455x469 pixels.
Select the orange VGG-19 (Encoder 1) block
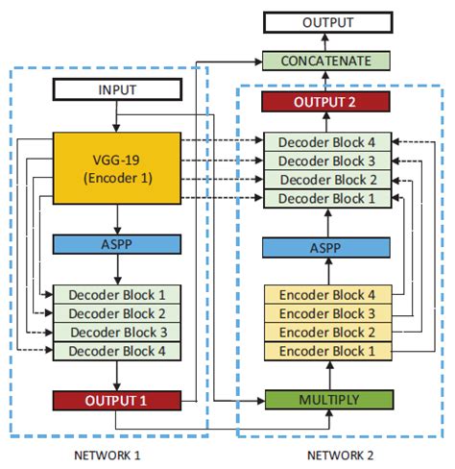115,167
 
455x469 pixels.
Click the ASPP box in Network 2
329,248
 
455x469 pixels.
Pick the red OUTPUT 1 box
115,400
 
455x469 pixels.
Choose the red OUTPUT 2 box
329,101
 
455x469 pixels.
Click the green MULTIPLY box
329,399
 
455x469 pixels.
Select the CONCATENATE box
329,61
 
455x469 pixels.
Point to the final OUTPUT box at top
329,22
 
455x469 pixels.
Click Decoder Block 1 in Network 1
115,295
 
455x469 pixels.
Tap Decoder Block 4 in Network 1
115,350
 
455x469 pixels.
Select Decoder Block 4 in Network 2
329,142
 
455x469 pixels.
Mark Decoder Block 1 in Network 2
329,198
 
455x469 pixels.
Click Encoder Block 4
329,296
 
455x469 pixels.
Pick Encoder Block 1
329,351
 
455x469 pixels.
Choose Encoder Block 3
329,314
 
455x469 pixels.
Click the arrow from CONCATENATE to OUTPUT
329,41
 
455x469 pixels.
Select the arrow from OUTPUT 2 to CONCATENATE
329,81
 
